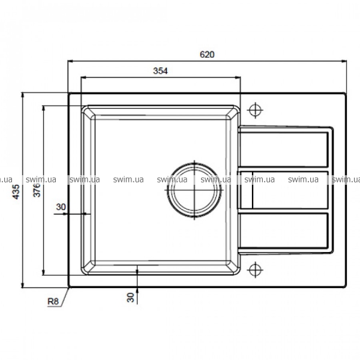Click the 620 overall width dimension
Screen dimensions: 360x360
tap(207, 55)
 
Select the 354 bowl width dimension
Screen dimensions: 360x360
tap(160, 71)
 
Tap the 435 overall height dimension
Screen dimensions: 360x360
tap(16, 192)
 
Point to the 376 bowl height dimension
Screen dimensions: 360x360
tap(37, 190)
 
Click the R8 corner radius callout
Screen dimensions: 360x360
tap(53, 301)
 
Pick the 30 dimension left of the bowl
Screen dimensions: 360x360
tap(61, 207)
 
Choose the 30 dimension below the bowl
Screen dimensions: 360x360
tap(130, 298)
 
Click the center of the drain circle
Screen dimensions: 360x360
tap(194, 190)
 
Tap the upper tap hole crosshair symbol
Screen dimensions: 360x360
tap(255, 110)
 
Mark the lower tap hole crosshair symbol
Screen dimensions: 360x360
tap(255, 270)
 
